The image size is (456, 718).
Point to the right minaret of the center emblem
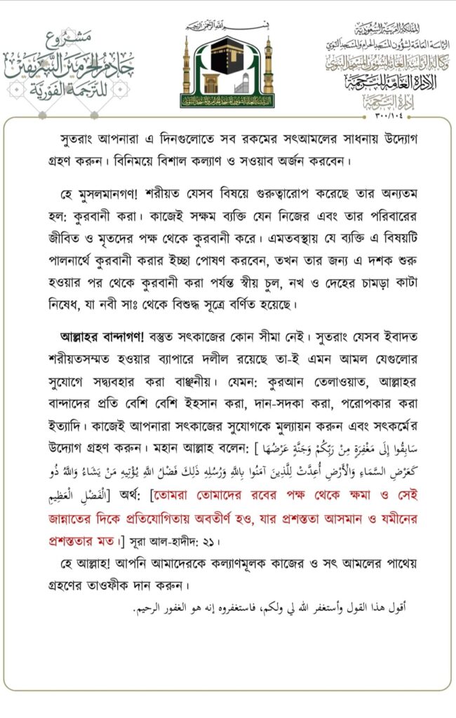point(268,67)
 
